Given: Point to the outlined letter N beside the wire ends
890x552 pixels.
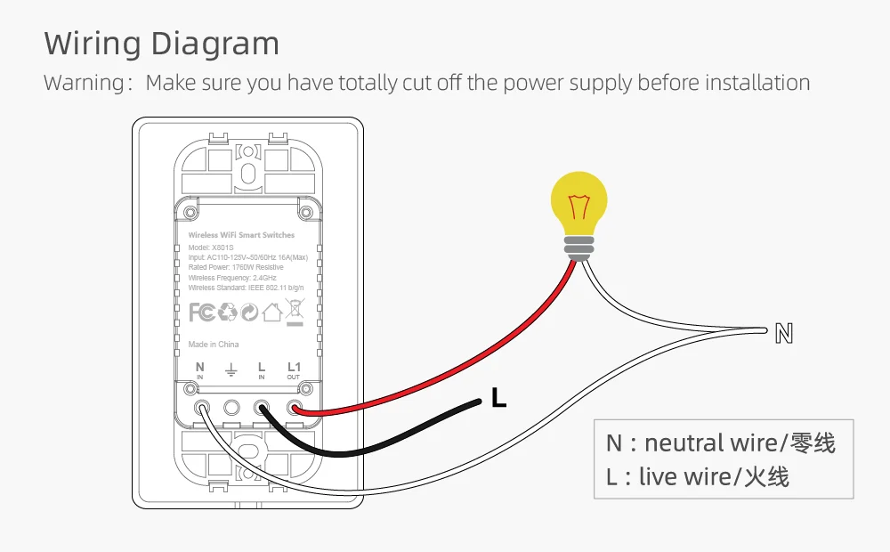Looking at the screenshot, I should pos(784,334).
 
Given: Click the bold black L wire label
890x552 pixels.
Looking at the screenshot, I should pos(499,400).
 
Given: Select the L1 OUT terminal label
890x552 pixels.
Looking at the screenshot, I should pos(294,370).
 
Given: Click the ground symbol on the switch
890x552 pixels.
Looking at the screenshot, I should pos(231,369).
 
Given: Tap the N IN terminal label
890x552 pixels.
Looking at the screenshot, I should pos(199,370).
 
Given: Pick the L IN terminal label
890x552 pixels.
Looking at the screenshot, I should pos(262,370).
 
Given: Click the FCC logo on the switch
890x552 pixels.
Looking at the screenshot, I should pos(202,312).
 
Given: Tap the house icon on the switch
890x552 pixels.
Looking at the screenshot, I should pos(272,312).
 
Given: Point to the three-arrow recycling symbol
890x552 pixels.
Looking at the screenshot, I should pos(227,312).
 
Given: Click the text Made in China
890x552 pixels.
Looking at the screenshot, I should pos(214,345).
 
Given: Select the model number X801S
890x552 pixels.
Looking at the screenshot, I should pos(222,248).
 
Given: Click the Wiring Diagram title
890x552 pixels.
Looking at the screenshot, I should pos(161,44).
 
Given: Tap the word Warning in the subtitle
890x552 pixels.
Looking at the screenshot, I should pos(84,84).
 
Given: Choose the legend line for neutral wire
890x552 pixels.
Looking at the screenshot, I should pos(721,443).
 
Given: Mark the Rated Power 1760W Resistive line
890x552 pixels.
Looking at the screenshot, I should pos(236,267).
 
